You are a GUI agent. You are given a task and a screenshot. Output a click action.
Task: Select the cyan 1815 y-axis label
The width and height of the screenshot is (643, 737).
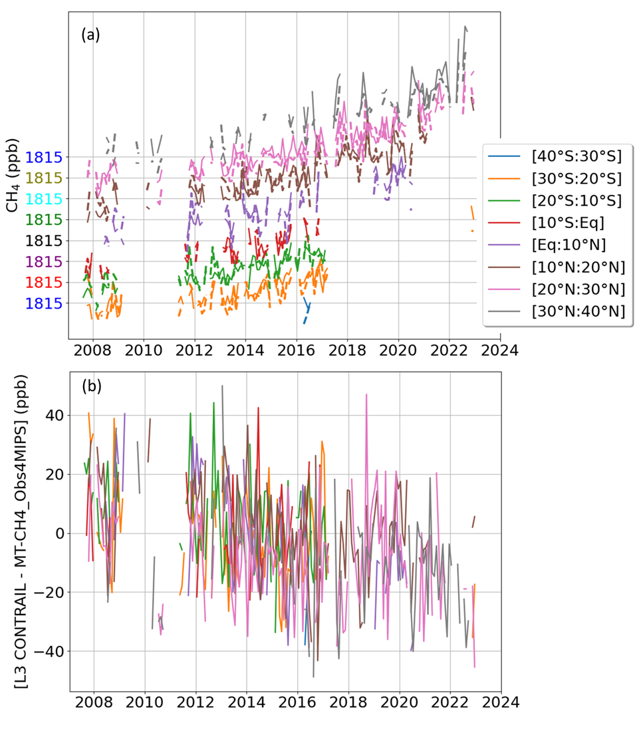[x=44, y=199]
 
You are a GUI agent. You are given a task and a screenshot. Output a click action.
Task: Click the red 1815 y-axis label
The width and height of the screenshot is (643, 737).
[x=44, y=283]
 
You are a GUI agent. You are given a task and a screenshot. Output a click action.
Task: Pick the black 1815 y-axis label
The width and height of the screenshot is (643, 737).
[x=44, y=241]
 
